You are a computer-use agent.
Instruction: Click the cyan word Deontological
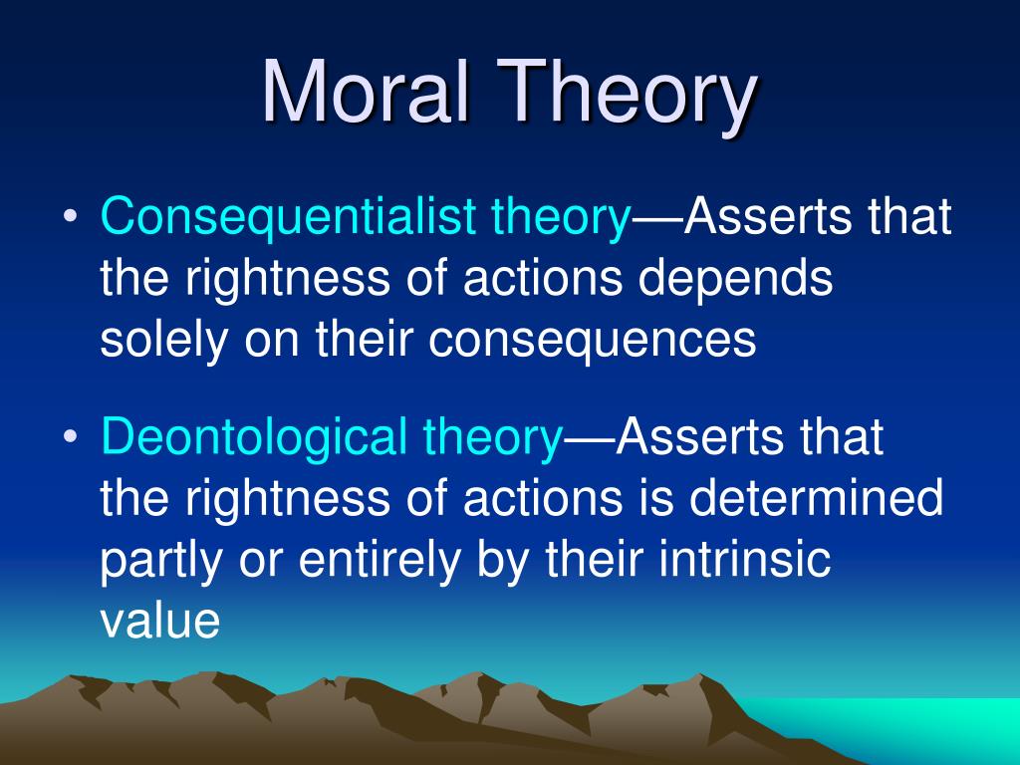(x=254, y=437)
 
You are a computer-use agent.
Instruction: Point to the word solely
(x=165, y=340)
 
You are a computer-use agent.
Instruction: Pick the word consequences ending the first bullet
(x=592, y=341)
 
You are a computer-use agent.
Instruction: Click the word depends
(x=735, y=279)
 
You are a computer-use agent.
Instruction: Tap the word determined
(x=816, y=498)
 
